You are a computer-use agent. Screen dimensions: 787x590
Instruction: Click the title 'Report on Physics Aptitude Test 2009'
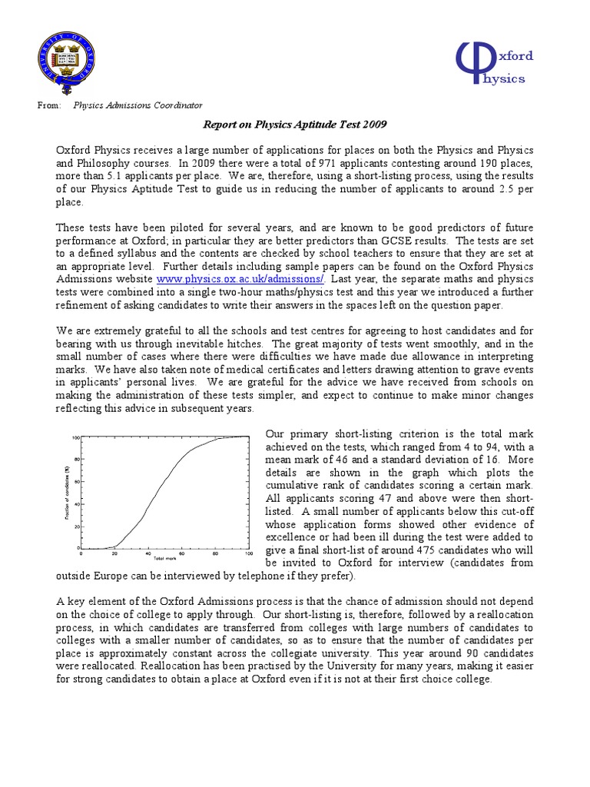pyautogui.click(x=294, y=124)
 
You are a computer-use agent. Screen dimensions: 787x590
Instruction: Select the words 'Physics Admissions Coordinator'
pyautogui.click(x=138, y=105)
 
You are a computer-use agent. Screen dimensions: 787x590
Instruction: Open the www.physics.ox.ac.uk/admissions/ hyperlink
pyautogui.click(x=240, y=278)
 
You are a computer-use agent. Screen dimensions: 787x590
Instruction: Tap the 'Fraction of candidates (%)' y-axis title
pyautogui.click(x=68, y=493)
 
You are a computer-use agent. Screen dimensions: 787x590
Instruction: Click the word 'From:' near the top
pyautogui.click(x=48, y=105)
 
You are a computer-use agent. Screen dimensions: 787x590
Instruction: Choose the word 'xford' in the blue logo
pyautogui.click(x=517, y=56)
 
